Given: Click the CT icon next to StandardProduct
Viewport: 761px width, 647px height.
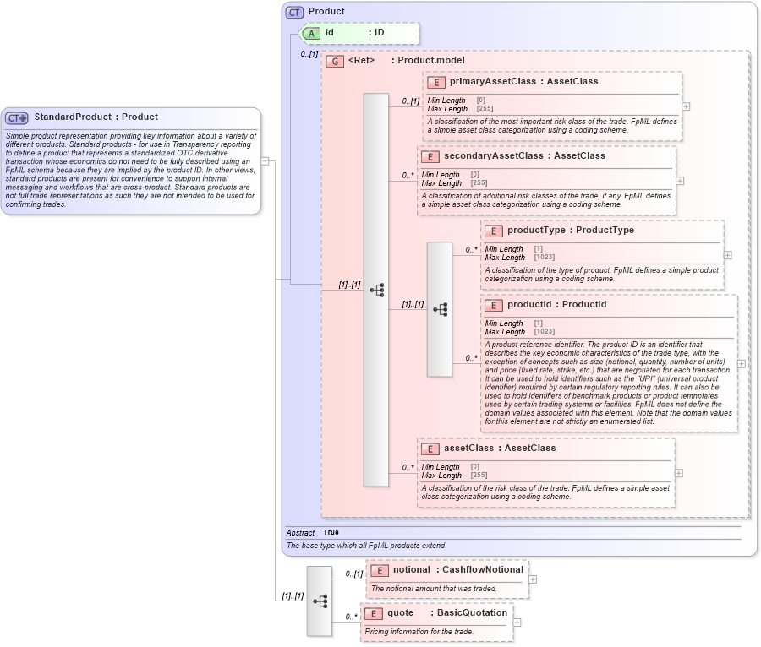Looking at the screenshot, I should click(17, 117).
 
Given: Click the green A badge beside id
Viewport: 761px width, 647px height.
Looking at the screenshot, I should click(311, 33).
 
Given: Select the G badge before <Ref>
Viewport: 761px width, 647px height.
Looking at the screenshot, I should click(335, 62).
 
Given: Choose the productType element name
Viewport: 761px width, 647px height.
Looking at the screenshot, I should click(537, 231).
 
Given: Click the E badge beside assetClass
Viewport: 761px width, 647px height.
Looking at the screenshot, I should click(430, 449).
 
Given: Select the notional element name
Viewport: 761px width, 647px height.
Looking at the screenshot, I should click(412, 570).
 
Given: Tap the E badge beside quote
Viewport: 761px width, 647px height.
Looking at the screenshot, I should click(373, 613).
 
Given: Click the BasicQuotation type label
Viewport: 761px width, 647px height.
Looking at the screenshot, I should click(472, 613).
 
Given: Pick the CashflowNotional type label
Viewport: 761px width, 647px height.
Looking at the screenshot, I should click(483, 570).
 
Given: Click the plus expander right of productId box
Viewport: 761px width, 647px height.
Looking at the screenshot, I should click(742, 363).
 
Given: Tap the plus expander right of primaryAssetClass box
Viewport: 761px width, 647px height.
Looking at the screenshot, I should click(686, 106).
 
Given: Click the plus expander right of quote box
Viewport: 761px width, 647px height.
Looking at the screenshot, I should click(517, 623).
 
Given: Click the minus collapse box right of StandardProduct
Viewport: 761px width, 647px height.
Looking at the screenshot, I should click(265, 160).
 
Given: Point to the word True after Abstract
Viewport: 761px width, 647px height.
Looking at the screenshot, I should click(331, 533).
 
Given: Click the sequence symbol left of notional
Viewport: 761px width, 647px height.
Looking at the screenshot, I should click(320, 601).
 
